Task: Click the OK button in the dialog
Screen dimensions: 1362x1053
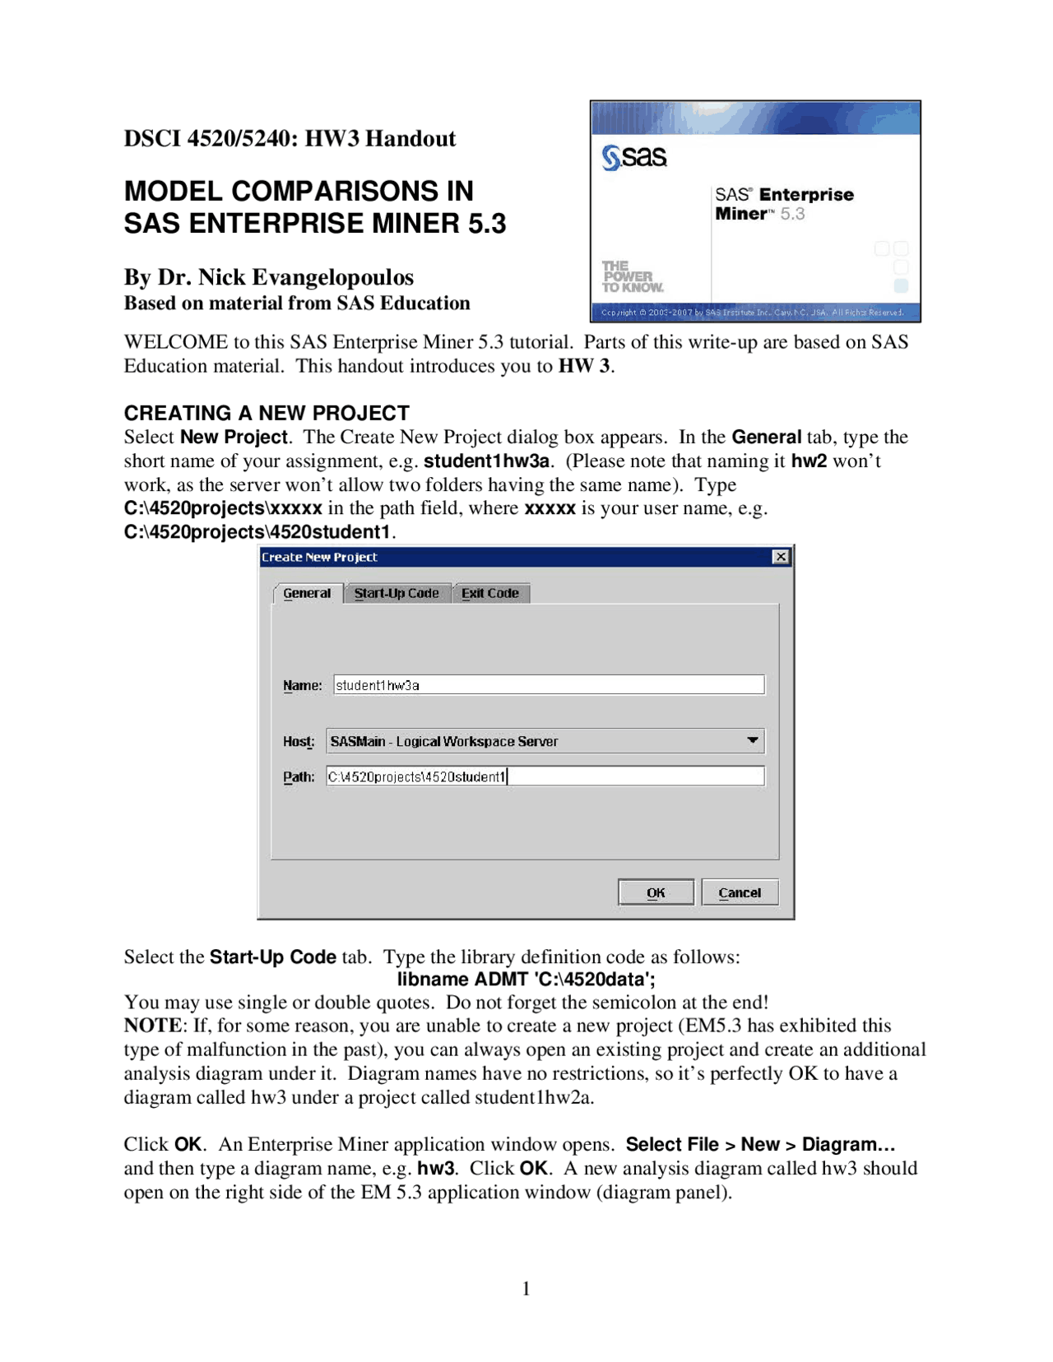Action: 656,892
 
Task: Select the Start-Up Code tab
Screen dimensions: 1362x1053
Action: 397,593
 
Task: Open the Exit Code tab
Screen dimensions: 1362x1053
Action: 490,593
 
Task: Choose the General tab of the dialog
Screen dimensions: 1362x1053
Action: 307,593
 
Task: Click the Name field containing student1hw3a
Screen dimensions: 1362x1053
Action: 549,685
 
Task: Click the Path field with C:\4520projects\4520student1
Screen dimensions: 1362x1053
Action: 545,776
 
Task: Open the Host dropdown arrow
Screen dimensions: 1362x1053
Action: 752,741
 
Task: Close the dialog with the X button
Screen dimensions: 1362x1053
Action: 781,557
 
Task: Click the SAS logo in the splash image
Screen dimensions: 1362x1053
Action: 634,156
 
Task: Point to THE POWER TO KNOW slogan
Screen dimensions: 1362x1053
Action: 632,276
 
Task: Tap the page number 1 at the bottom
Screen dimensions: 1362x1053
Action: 526,1289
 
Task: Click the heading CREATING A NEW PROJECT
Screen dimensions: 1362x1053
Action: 267,413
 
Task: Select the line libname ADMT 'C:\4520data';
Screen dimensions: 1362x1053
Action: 526,979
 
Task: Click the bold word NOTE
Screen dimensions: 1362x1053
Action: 154,1026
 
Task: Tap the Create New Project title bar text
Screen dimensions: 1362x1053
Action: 319,557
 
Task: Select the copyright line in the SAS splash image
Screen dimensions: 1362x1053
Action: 752,313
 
